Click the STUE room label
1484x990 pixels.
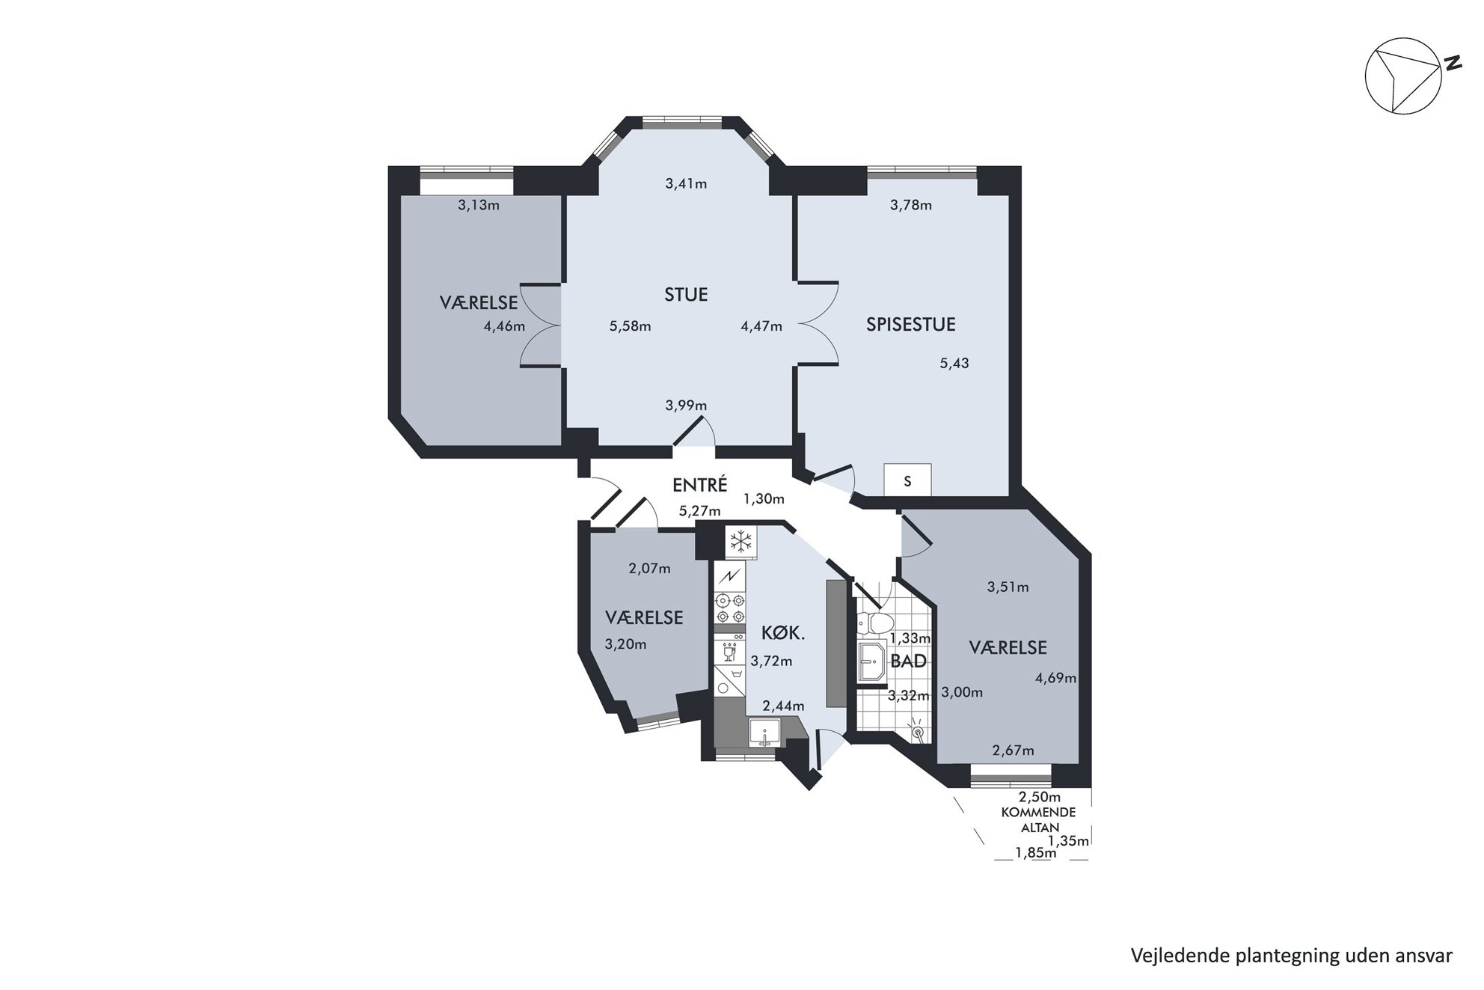point(686,294)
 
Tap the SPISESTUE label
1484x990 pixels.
point(910,324)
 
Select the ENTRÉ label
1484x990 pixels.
point(699,484)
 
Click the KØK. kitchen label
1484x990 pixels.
point(782,633)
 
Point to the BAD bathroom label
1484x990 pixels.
point(908,661)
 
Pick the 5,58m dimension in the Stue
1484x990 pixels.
point(630,326)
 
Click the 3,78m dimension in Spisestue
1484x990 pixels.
point(910,204)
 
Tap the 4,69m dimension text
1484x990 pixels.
point(1055,678)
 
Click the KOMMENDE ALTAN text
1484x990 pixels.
point(1038,819)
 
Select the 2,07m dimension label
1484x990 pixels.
point(649,568)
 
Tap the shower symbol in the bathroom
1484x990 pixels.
point(916,731)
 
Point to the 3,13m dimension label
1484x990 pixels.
point(478,204)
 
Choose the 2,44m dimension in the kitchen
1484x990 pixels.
point(783,706)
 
